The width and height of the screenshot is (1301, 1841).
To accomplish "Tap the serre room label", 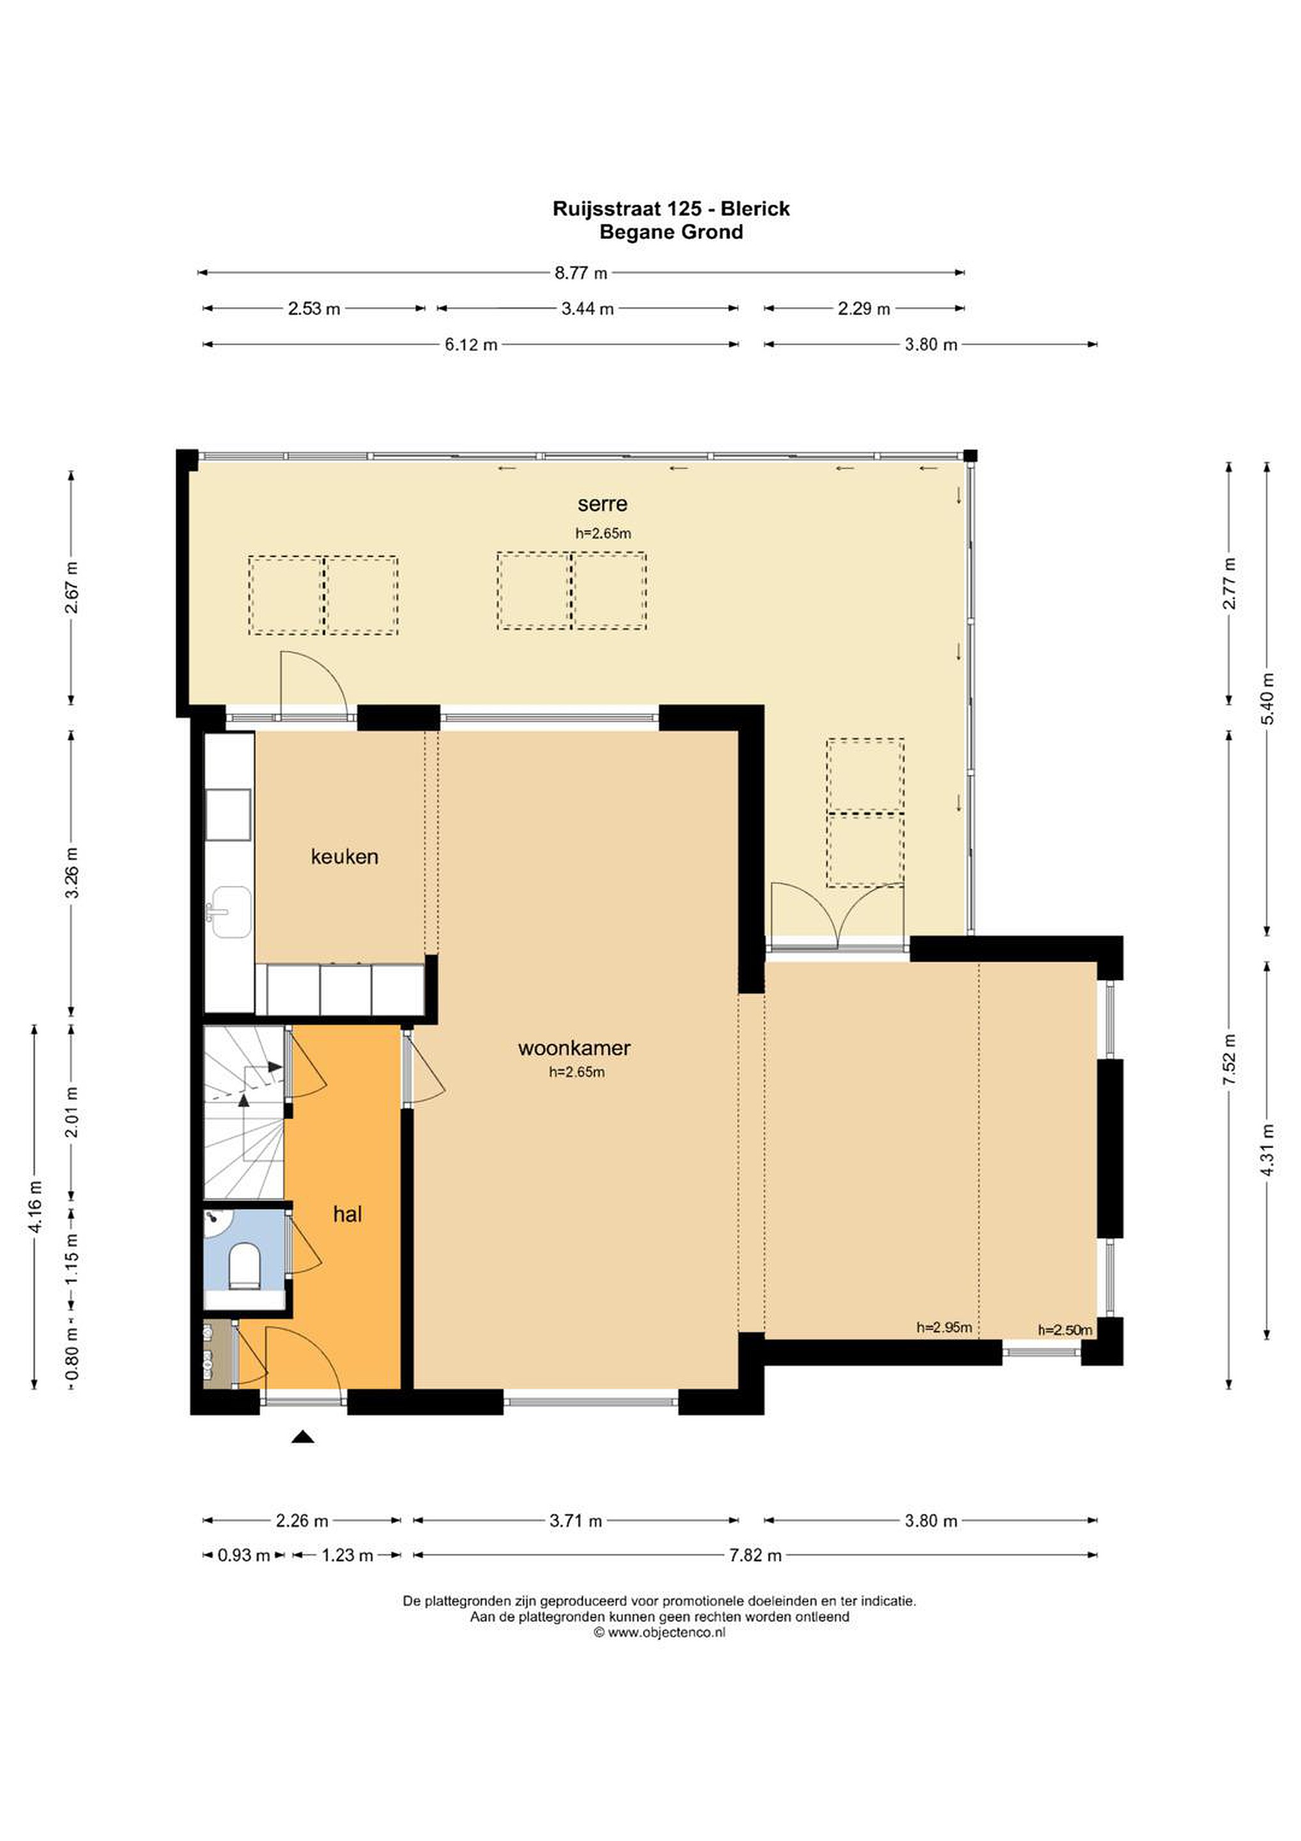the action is (602, 504).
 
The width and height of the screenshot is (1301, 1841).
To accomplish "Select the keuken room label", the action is (344, 857).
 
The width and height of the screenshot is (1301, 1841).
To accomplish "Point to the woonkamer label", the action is (574, 1047).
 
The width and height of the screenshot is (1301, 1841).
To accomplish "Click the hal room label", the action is (347, 1214).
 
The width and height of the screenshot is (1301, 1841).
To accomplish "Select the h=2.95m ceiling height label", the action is (944, 1327).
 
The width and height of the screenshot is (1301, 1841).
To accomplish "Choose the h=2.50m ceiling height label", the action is (1065, 1330).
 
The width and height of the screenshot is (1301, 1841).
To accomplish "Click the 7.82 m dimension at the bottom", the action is (755, 1555).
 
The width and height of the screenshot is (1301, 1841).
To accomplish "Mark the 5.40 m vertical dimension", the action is (1267, 697).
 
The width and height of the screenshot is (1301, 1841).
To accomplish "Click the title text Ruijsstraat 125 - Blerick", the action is (671, 208).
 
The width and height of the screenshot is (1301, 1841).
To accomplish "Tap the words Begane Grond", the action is (671, 232).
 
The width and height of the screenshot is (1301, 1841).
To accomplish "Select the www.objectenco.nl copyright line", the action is (659, 1632).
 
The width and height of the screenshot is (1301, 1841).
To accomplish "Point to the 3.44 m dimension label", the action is (588, 308).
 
